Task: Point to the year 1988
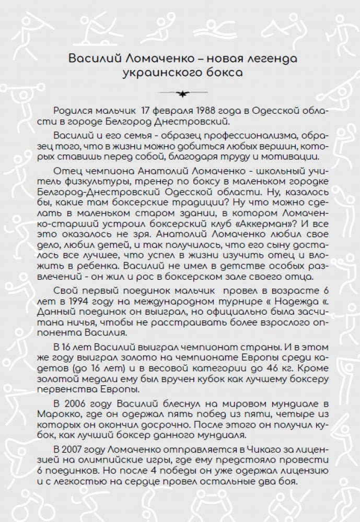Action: tap(198, 112)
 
